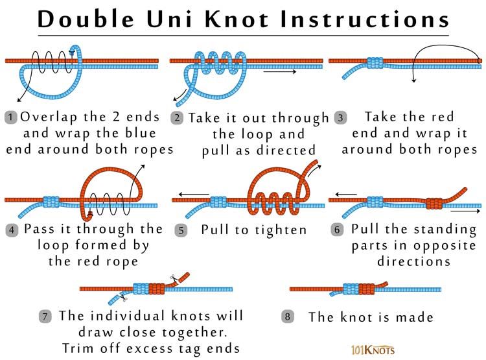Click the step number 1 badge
pos(11,117)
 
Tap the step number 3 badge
pos(341,118)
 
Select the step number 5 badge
pos(181,230)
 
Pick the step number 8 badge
pos(287,317)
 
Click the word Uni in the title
pos(170,19)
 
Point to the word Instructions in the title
pos(364,19)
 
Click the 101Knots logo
pos(373,350)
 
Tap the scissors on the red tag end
pos(174,279)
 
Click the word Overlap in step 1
pos(49,117)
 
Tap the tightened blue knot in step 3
pos(375,63)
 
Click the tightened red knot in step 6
pos(434,203)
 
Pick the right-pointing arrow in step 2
pos(279,72)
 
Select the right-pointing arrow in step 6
pos(465,211)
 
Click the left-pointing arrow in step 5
pos(194,195)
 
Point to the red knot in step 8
pos(367,289)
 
